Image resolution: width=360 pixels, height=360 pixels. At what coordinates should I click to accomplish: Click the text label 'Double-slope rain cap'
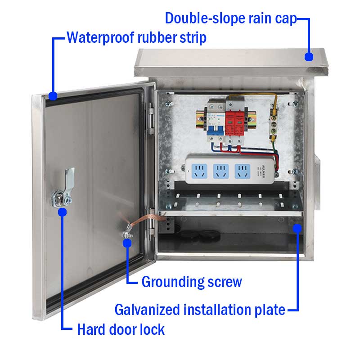(231, 18)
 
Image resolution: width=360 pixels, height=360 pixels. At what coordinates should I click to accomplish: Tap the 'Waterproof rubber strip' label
(137, 37)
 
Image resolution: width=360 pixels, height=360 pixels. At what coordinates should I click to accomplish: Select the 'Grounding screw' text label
(192, 282)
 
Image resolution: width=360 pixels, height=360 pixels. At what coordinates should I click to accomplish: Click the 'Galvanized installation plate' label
(200, 310)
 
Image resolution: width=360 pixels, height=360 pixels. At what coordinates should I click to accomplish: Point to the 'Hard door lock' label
(121, 329)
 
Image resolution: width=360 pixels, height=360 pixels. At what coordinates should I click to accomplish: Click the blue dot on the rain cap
(309, 57)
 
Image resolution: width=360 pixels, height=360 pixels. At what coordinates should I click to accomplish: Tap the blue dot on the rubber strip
(53, 96)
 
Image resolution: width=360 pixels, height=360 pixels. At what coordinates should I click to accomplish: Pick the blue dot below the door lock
(62, 212)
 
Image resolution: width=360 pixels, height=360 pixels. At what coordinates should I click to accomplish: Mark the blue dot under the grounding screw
(127, 243)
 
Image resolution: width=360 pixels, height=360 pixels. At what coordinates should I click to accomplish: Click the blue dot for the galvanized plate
(297, 229)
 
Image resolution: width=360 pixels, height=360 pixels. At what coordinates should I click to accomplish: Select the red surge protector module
(234, 123)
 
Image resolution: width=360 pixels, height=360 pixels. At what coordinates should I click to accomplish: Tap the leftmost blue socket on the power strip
(199, 171)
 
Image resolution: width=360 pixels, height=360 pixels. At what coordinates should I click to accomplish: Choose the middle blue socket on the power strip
(221, 171)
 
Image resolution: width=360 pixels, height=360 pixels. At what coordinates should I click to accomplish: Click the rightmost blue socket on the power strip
(243, 171)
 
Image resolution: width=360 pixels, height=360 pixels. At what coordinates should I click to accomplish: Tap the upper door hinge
(151, 118)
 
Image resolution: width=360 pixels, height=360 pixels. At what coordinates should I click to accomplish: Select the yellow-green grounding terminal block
(273, 124)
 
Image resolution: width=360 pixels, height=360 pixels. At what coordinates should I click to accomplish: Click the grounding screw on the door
(127, 234)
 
